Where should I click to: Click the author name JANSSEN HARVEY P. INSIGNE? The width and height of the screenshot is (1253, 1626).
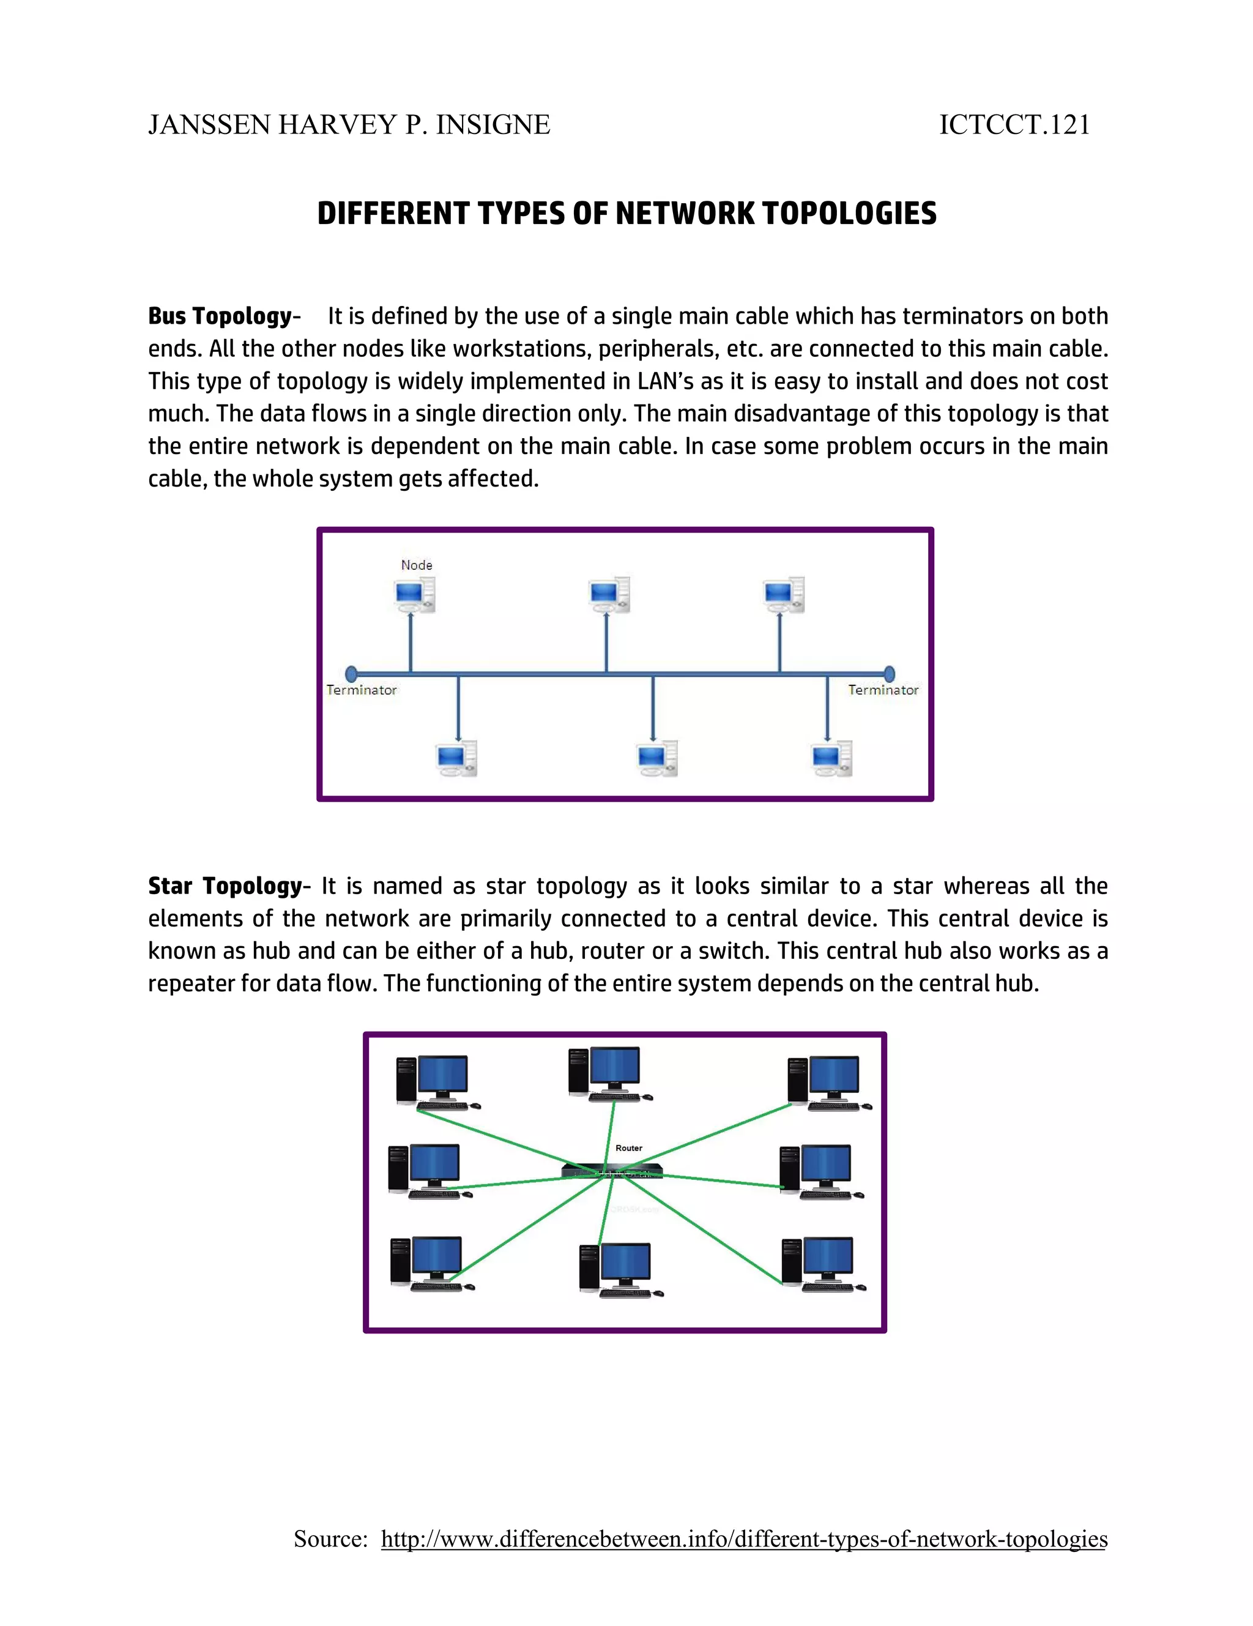[348, 125]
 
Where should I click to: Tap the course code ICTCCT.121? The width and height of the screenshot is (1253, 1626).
[1014, 125]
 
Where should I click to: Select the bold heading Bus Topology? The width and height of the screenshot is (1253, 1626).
[220, 316]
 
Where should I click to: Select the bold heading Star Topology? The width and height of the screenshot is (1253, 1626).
[225, 886]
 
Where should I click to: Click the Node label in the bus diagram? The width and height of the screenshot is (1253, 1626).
[416, 565]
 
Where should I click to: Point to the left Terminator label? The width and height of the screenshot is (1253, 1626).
[361, 690]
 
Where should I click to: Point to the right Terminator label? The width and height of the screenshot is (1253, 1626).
[883, 690]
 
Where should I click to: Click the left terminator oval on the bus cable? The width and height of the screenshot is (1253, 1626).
[351, 674]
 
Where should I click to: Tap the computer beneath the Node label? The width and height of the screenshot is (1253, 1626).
[414, 595]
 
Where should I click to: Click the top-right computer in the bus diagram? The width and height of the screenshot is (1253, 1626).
[783, 594]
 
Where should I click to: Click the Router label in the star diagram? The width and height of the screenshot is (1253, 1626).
[628, 1148]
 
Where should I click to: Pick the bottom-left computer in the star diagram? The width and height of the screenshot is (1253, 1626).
[430, 1264]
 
